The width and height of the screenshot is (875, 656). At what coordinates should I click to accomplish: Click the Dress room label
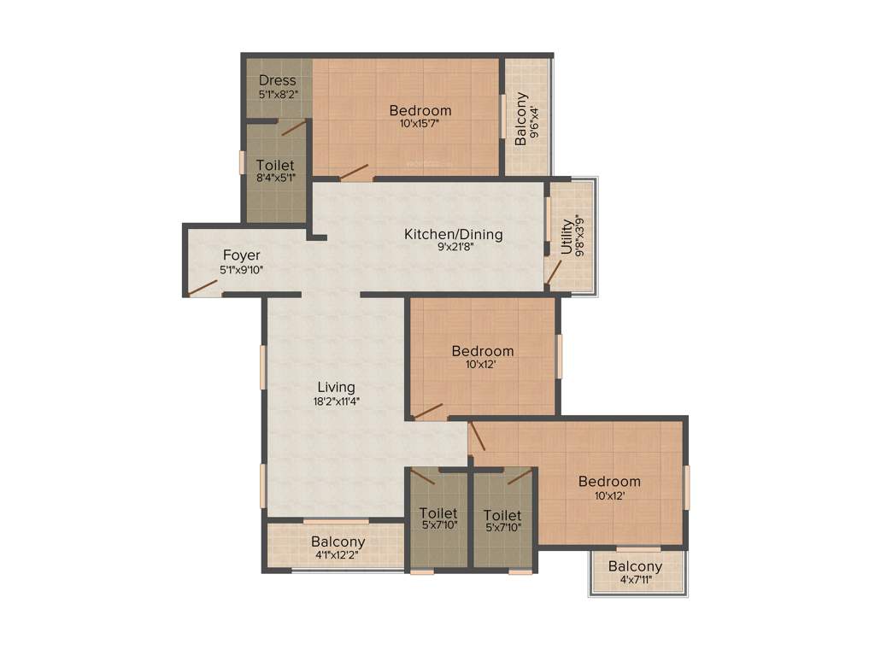pyautogui.click(x=278, y=81)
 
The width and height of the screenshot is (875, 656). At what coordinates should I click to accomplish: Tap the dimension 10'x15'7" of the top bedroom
pyautogui.click(x=420, y=124)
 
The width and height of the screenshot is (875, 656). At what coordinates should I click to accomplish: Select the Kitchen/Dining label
pyautogui.click(x=453, y=234)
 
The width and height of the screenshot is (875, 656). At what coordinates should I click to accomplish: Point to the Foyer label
pyautogui.click(x=242, y=255)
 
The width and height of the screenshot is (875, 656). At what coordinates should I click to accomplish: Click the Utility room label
pyautogui.click(x=567, y=237)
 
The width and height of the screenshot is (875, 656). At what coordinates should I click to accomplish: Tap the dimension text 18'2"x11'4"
pyautogui.click(x=336, y=401)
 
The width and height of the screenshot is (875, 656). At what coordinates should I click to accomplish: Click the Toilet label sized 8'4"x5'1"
pyautogui.click(x=275, y=165)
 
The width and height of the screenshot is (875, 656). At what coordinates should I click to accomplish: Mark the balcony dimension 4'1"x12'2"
pyautogui.click(x=338, y=555)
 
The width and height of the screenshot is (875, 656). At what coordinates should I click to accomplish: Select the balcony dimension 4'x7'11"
pyautogui.click(x=635, y=580)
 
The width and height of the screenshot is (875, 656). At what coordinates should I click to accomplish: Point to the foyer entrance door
pyautogui.click(x=203, y=287)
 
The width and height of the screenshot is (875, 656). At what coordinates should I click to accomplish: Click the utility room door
pyautogui.click(x=554, y=272)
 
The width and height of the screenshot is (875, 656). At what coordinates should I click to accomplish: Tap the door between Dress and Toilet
pyautogui.click(x=293, y=128)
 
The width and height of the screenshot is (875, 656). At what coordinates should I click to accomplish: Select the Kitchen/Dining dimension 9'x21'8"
pyautogui.click(x=453, y=248)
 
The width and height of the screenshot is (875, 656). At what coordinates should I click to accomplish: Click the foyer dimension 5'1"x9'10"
pyautogui.click(x=242, y=270)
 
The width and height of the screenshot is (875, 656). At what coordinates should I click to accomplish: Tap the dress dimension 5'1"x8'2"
pyautogui.click(x=278, y=95)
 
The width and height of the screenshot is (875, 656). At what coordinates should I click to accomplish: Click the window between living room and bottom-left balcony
pyautogui.click(x=336, y=521)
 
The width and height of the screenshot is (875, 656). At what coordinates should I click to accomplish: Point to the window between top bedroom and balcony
pyautogui.click(x=502, y=115)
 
